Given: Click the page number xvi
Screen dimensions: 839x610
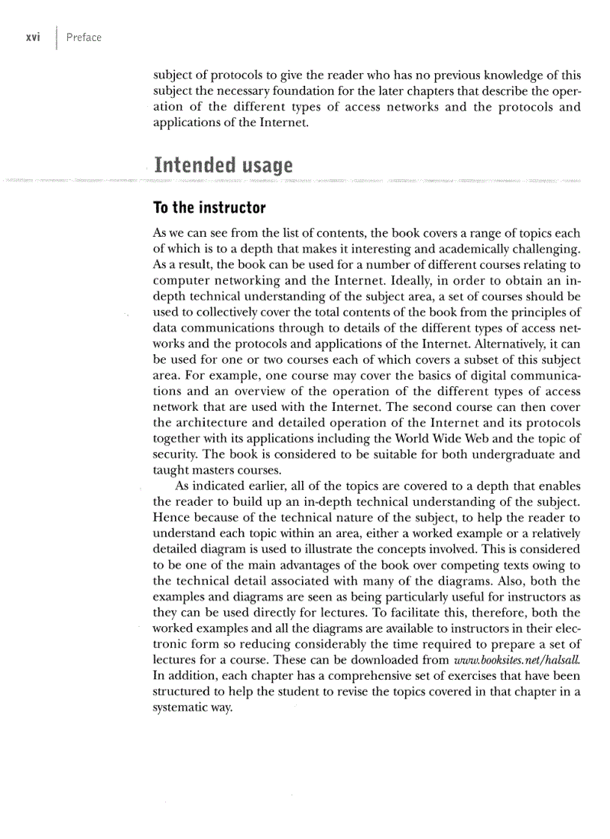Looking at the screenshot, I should pyautogui.click(x=33, y=37).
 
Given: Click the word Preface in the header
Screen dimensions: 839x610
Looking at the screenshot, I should pyautogui.click(x=84, y=37).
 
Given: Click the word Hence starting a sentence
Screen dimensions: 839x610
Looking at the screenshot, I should pyautogui.click(x=170, y=517).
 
